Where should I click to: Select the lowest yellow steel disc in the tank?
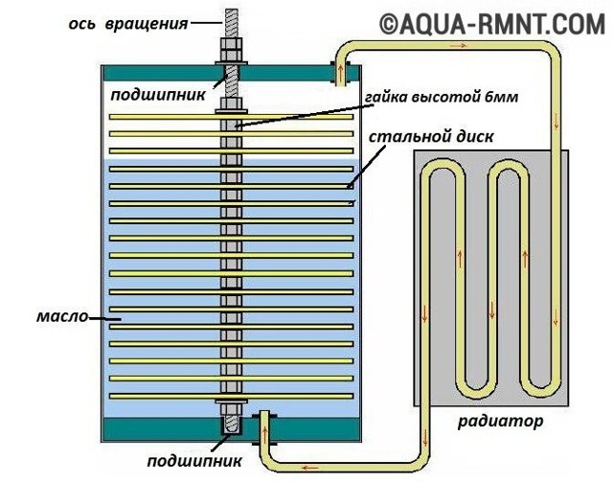coord(230,396)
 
